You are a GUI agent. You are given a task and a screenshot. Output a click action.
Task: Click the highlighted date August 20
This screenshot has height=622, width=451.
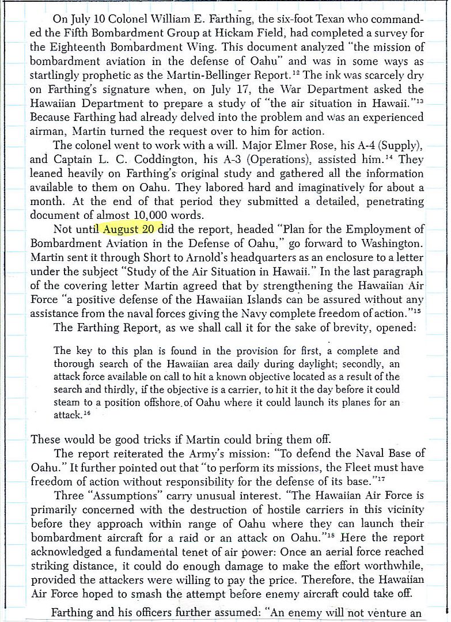click(x=132, y=229)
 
